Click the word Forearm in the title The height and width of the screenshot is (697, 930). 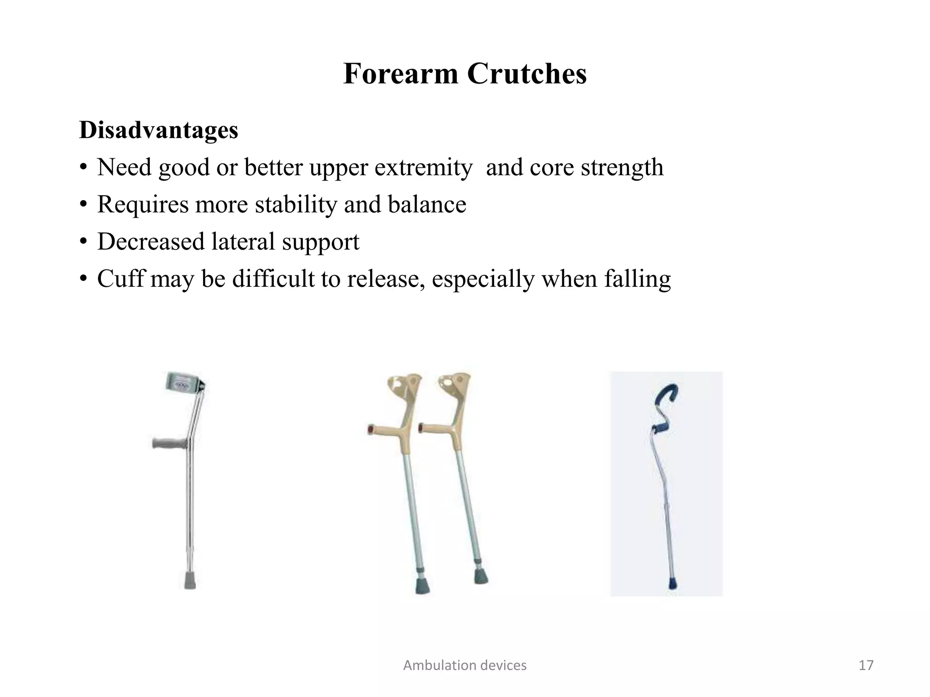point(401,74)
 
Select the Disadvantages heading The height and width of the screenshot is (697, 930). point(158,130)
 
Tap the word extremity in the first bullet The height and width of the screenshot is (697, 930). point(423,168)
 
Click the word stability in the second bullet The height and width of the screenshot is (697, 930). point(296,205)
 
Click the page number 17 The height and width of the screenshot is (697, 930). point(866,665)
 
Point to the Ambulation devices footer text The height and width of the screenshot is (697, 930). point(465,665)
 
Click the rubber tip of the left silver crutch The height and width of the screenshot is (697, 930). point(190,581)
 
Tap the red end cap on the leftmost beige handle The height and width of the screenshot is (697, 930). point(371,429)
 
